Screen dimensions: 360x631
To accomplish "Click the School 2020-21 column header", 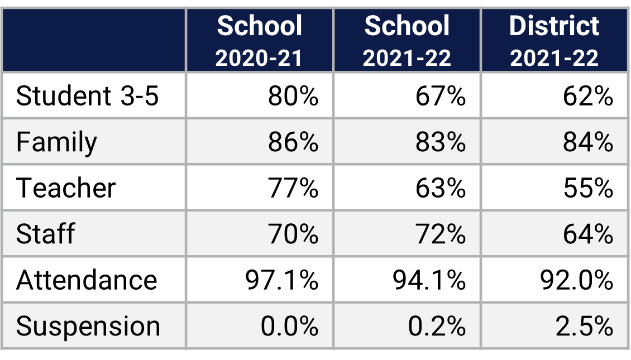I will point(260,41).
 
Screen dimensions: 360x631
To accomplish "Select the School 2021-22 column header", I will point(407,41).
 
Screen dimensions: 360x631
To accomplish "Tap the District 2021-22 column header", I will point(554,41).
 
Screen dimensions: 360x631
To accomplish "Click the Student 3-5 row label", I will point(88,96).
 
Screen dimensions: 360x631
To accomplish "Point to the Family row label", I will point(56,142).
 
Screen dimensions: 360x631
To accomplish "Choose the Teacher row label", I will point(66,188).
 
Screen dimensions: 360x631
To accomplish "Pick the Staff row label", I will point(45,234).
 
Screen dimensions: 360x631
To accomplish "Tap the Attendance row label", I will point(87,280).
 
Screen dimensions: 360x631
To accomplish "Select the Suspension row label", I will point(88,326).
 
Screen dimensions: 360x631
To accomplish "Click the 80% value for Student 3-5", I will point(293,96).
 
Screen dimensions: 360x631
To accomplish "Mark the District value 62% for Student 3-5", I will point(588,96).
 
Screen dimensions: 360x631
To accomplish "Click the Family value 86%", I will point(293,142).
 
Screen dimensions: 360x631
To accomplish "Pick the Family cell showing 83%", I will point(441,142).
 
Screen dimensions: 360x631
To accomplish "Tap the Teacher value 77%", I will point(293,188).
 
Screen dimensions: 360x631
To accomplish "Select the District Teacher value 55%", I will point(588,188).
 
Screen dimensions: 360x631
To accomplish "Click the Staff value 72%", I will point(441,234).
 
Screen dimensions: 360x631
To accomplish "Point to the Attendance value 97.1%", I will point(281,280).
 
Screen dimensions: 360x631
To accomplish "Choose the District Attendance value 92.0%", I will point(576,280).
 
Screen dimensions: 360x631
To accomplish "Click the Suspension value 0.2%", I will point(437,326).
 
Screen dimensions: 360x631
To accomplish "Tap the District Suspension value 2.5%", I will point(584,326).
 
